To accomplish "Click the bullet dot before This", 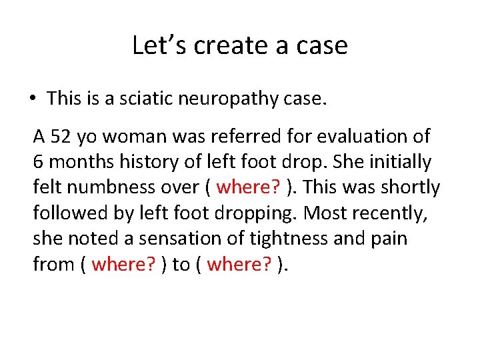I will click(x=32, y=99).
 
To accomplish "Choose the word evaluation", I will click(x=359, y=137).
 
